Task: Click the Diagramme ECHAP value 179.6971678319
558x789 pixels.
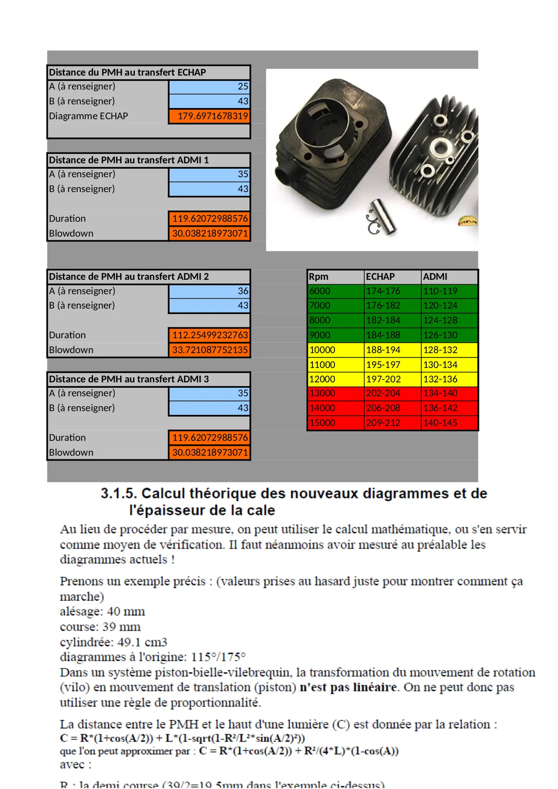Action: click(210, 116)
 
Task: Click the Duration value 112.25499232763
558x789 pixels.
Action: click(210, 335)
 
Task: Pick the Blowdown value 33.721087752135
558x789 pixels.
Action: click(210, 350)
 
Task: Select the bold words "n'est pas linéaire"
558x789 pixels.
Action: click(348, 687)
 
